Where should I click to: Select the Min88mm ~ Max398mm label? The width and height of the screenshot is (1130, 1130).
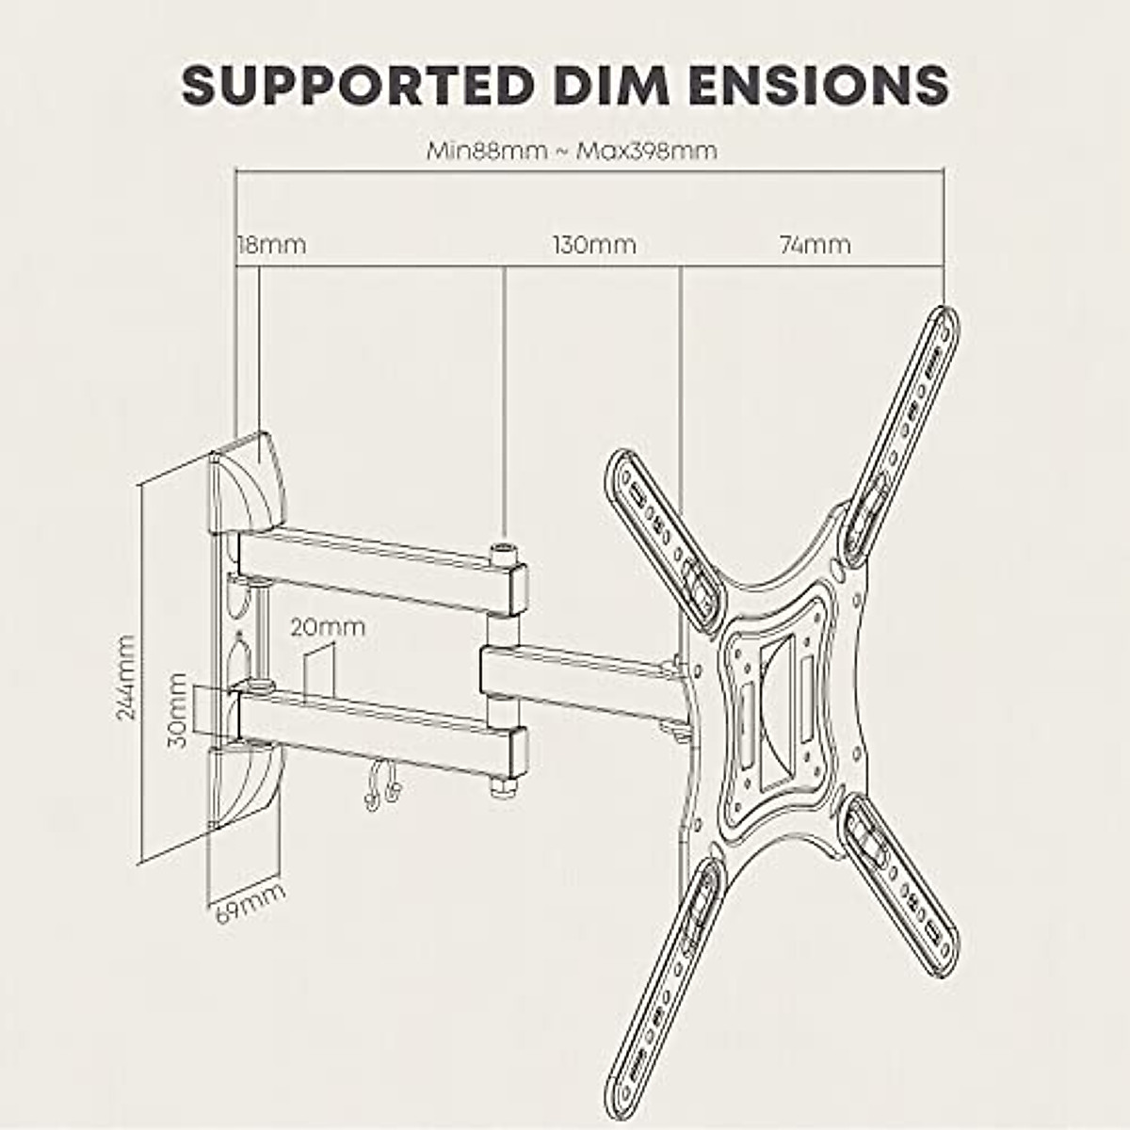click(x=572, y=151)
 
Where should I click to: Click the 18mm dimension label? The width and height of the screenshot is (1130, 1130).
click(x=271, y=245)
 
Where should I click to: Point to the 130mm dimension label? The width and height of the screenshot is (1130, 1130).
click(x=594, y=245)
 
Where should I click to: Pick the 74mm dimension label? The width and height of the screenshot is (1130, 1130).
click(x=815, y=245)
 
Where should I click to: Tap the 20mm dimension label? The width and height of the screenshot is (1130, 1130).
click(x=328, y=627)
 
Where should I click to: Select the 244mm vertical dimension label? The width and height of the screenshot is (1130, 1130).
click(x=126, y=677)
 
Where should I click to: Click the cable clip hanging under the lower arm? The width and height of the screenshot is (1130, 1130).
click(x=379, y=783)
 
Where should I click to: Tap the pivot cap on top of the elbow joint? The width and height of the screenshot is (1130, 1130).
click(x=505, y=550)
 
